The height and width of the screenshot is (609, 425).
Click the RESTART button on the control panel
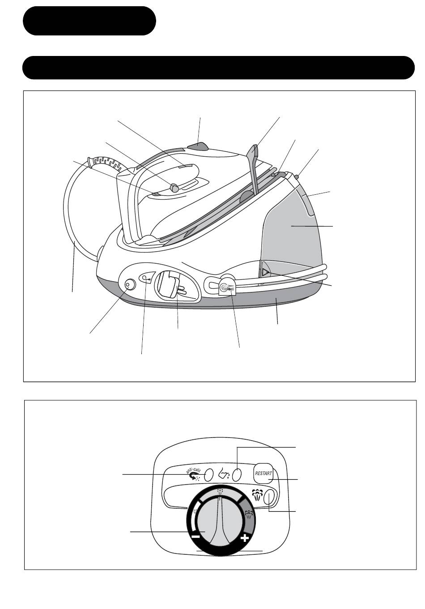(x=263, y=473)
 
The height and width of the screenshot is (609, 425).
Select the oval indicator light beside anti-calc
(x=208, y=475)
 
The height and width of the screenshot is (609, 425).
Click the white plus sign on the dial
(x=244, y=537)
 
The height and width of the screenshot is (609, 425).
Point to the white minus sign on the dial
(x=195, y=536)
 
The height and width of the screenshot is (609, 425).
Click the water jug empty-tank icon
(x=224, y=474)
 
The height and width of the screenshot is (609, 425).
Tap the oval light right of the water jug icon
(x=238, y=475)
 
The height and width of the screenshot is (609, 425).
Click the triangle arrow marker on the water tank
(x=265, y=272)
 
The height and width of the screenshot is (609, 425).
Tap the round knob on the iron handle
(x=174, y=188)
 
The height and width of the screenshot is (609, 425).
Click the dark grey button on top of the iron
(x=198, y=147)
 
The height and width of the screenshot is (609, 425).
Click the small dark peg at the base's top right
(x=297, y=177)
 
